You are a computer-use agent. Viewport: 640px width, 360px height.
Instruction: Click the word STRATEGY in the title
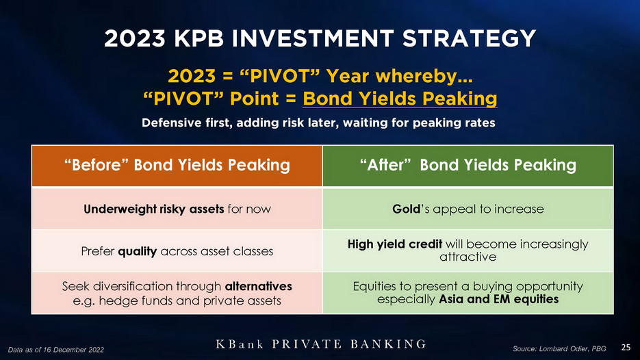coord(469,39)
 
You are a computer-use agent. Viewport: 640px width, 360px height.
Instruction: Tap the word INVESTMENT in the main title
coord(312,39)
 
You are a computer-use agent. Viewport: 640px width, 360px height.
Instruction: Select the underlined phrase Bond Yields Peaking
coord(400,99)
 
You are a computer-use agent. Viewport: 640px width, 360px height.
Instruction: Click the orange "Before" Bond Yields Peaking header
coord(177,166)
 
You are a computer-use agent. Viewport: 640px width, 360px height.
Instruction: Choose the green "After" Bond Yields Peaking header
coord(468,166)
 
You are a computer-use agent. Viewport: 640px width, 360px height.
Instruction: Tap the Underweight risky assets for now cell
coord(177,209)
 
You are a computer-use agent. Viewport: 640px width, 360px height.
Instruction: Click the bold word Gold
coord(406,209)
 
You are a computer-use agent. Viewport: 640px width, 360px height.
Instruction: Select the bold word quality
coord(137,251)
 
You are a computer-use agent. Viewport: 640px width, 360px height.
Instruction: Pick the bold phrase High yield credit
coord(395,244)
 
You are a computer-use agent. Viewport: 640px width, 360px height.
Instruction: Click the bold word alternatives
coord(258,286)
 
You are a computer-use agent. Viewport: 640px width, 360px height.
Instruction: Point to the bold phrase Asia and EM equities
coord(499,299)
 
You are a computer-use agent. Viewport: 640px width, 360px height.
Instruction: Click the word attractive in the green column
coord(468,257)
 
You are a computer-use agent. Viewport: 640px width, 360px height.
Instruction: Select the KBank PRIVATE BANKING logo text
coord(321,344)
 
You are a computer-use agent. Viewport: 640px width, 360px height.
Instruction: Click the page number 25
coord(626,348)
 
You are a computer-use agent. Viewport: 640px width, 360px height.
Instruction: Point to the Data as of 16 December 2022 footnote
coord(56,350)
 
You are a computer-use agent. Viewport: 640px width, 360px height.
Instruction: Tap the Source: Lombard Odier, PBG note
coord(559,348)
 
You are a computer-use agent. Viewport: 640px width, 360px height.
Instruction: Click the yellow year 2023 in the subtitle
coord(192,77)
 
